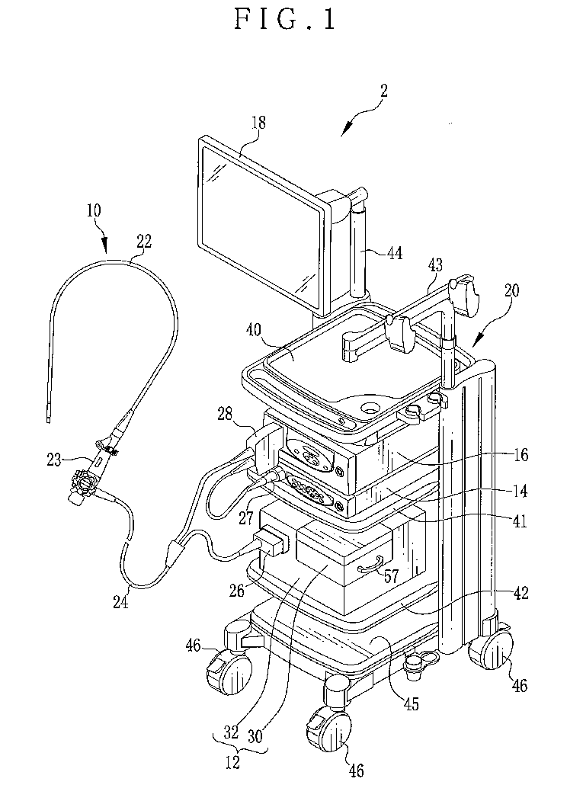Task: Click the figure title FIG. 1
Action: [x=283, y=20]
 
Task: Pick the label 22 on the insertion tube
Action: [x=144, y=242]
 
